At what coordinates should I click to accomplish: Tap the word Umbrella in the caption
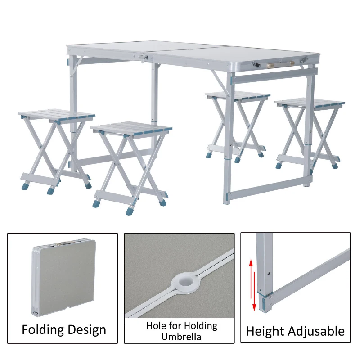(x=182, y=337)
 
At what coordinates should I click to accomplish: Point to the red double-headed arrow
(x=254, y=285)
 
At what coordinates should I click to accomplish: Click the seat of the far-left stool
(x=57, y=115)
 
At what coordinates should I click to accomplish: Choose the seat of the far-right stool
(x=310, y=103)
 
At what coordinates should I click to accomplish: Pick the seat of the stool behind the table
(x=238, y=95)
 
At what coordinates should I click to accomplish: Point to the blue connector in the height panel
(x=265, y=299)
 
